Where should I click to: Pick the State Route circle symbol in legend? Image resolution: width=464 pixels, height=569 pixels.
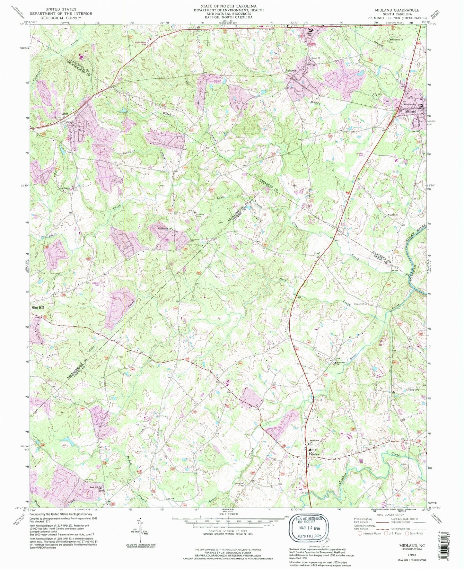407,533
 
